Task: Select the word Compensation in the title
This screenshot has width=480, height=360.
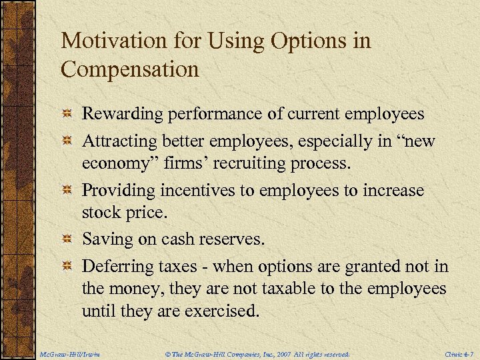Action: click(130, 69)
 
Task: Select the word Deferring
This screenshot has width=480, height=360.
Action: click(115, 267)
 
